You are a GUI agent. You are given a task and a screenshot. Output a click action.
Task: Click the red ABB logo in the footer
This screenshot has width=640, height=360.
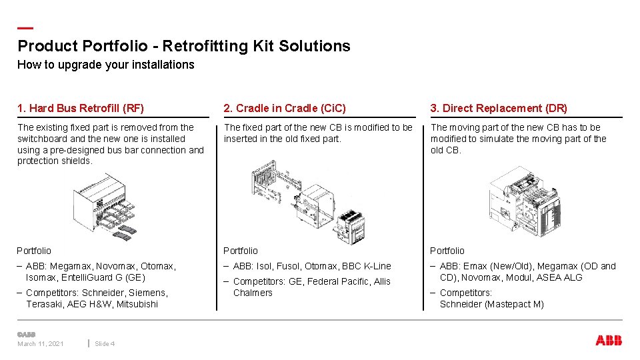point(609,341)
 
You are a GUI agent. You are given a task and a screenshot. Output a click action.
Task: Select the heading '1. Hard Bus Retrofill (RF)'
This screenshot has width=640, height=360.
point(81,108)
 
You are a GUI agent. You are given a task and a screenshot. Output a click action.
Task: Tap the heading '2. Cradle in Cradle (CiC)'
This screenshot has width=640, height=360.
point(285,108)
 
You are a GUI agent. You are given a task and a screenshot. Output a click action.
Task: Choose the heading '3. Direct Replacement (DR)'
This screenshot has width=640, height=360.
point(498,108)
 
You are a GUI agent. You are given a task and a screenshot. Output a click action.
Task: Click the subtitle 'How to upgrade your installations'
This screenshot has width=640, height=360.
point(105,65)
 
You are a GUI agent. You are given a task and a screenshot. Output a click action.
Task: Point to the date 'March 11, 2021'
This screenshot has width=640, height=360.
point(41,343)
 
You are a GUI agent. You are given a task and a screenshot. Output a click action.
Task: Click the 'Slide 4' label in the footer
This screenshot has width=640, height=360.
point(105,343)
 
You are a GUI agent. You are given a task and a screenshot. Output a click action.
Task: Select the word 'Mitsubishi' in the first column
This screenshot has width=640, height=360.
point(137,304)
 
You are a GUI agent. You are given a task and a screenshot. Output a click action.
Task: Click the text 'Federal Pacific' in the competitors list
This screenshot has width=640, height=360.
point(341,281)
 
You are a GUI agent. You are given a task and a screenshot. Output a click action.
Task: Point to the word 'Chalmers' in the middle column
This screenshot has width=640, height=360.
point(253,293)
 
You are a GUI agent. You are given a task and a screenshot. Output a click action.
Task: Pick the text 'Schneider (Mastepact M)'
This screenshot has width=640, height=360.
point(491,304)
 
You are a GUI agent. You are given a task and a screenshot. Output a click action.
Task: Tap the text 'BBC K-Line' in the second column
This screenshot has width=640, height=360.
point(367,266)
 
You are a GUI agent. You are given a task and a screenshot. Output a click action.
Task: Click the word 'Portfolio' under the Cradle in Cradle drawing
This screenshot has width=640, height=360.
point(240,251)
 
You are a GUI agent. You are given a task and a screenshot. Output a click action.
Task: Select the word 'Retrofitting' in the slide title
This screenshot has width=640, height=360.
point(205,46)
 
